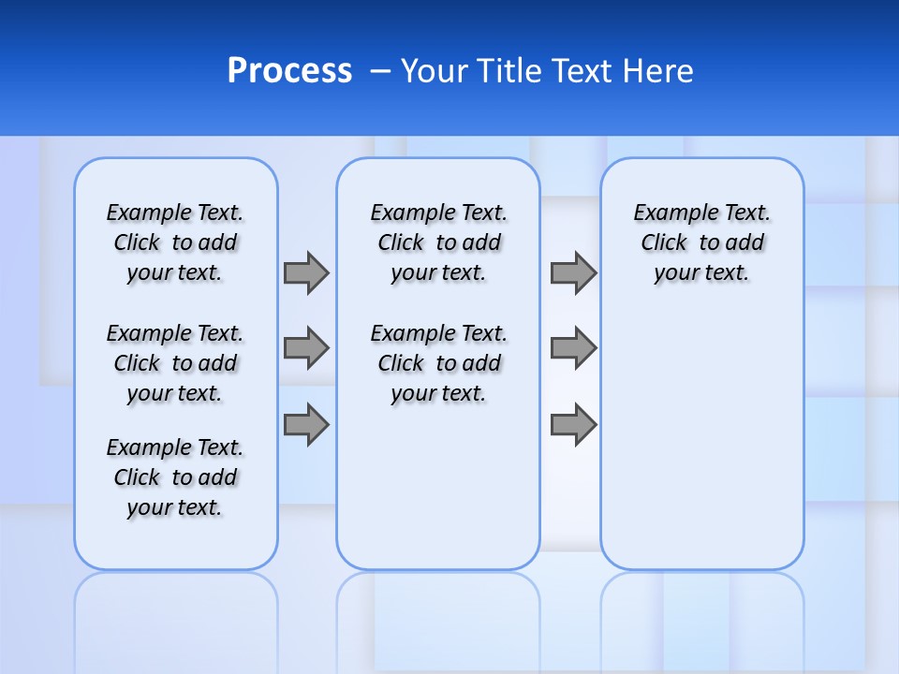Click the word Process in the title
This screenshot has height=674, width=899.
click(289, 71)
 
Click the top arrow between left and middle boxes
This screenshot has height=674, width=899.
click(306, 272)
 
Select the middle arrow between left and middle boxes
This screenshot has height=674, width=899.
click(306, 348)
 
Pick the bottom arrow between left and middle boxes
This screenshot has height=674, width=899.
click(306, 425)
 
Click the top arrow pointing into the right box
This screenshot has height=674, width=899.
click(573, 272)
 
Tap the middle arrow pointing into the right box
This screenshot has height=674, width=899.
click(573, 348)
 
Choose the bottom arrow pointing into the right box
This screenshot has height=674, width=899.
click(573, 425)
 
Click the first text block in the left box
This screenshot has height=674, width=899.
click(175, 242)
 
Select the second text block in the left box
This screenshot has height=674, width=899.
click(175, 363)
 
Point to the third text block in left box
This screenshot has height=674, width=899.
click(175, 477)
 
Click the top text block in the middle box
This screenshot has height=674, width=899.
click(439, 242)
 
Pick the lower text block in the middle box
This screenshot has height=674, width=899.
click(439, 363)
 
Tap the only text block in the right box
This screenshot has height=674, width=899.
click(702, 242)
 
